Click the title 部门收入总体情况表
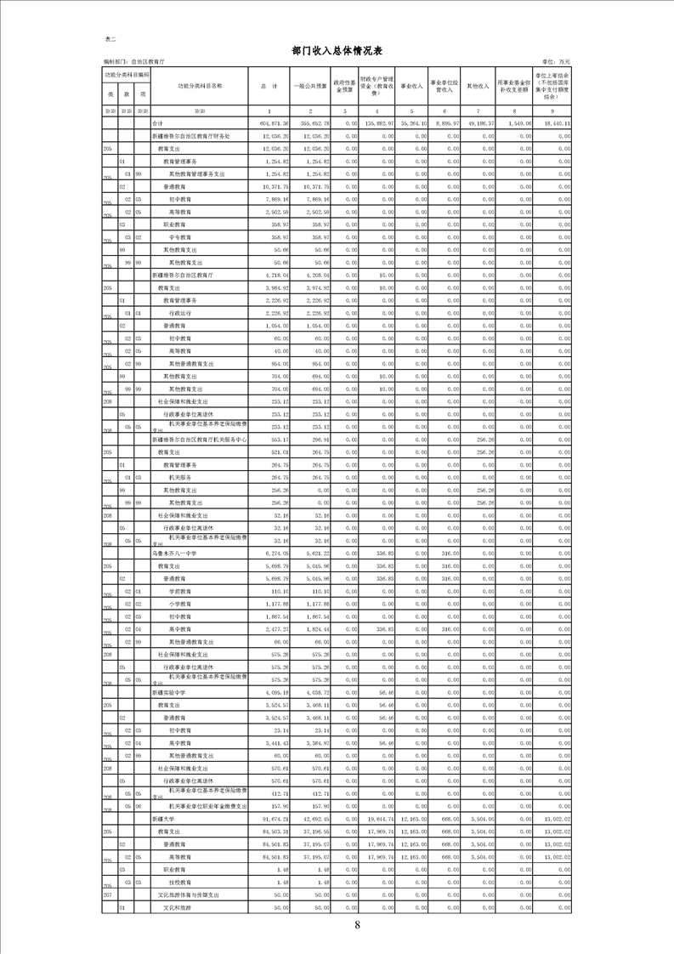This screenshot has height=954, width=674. (337, 50)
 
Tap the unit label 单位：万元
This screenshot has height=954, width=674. (556, 63)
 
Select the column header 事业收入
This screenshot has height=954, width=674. (411, 87)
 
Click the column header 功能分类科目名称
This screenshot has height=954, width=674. (200, 87)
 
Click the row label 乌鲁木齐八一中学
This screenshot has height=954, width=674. (174, 554)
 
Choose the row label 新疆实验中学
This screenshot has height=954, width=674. (168, 693)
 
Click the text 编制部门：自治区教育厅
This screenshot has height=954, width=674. (133, 63)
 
